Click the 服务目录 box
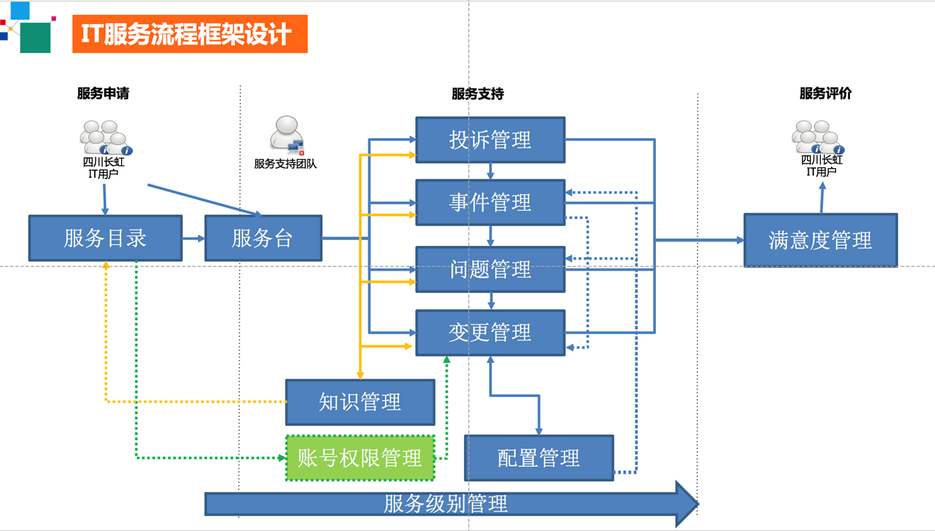(105, 238)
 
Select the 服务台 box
(263, 238)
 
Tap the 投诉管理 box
(490, 140)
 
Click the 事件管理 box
(490, 203)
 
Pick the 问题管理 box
(490, 269)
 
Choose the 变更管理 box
(490, 332)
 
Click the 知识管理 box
(360, 402)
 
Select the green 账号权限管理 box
(360, 458)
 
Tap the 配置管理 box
(538, 458)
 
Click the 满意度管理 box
(820, 240)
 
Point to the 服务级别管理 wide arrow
(446, 504)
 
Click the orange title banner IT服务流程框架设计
(189, 34)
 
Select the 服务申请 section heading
(103, 94)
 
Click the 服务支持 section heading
(477, 94)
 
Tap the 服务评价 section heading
(825, 94)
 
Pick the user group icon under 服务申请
(105, 138)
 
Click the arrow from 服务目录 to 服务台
(193, 238)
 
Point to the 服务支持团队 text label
(285, 164)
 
